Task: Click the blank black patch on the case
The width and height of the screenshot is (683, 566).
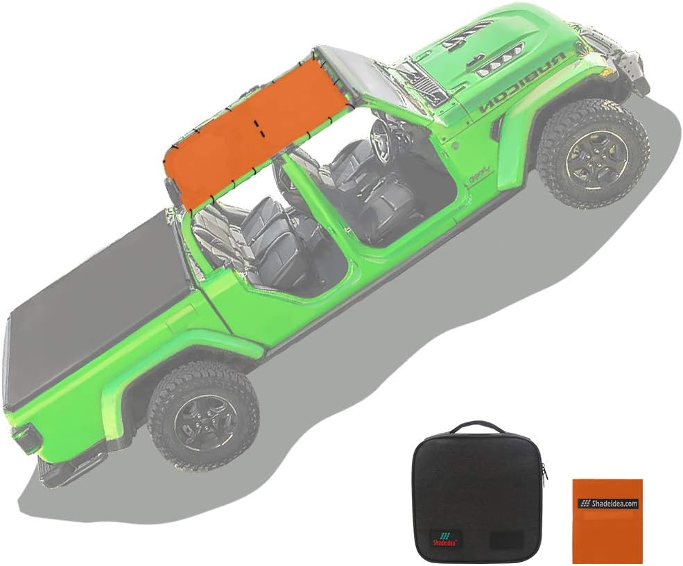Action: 503,539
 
